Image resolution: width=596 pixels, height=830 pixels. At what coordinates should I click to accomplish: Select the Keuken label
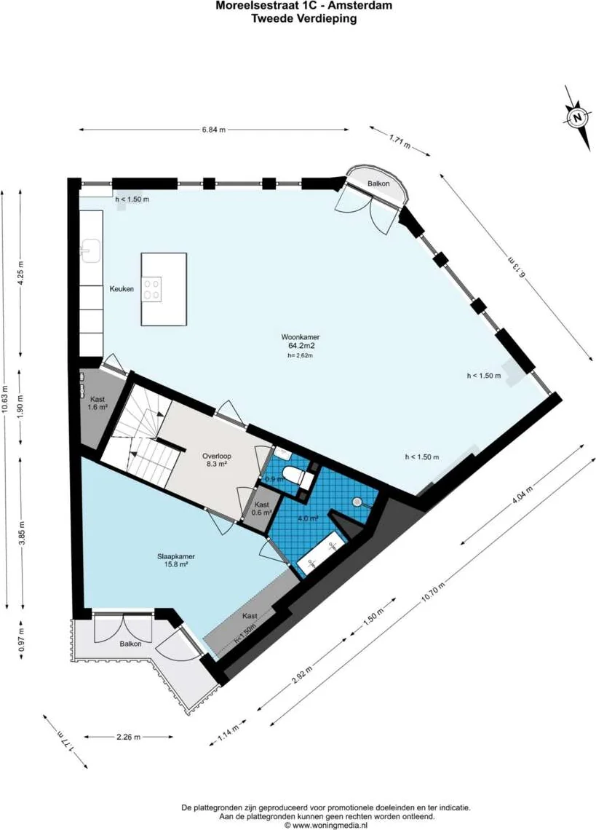(x=122, y=289)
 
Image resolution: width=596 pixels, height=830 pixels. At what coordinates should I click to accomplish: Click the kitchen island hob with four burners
(x=152, y=289)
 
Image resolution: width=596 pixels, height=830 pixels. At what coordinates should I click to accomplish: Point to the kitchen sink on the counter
(x=92, y=251)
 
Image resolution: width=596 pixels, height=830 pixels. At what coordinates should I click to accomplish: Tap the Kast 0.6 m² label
(x=261, y=508)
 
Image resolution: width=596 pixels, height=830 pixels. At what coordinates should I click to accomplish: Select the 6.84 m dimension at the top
(x=214, y=130)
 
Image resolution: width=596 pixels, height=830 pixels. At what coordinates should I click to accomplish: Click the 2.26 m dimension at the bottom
(x=129, y=736)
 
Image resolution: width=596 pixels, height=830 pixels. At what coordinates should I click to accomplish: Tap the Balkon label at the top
(x=378, y=183)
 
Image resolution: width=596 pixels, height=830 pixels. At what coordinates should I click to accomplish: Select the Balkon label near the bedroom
(x=130, y=644)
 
